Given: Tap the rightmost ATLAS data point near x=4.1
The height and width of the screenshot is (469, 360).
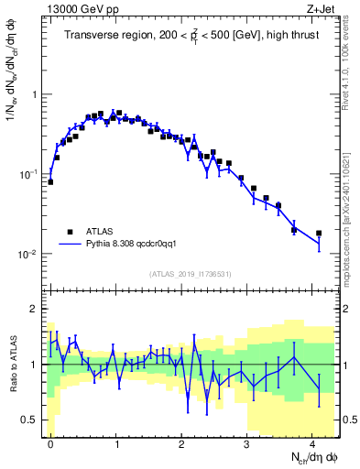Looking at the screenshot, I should [x=319, y=234].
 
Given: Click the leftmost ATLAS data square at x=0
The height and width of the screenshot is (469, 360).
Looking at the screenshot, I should [x=50, y=181].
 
